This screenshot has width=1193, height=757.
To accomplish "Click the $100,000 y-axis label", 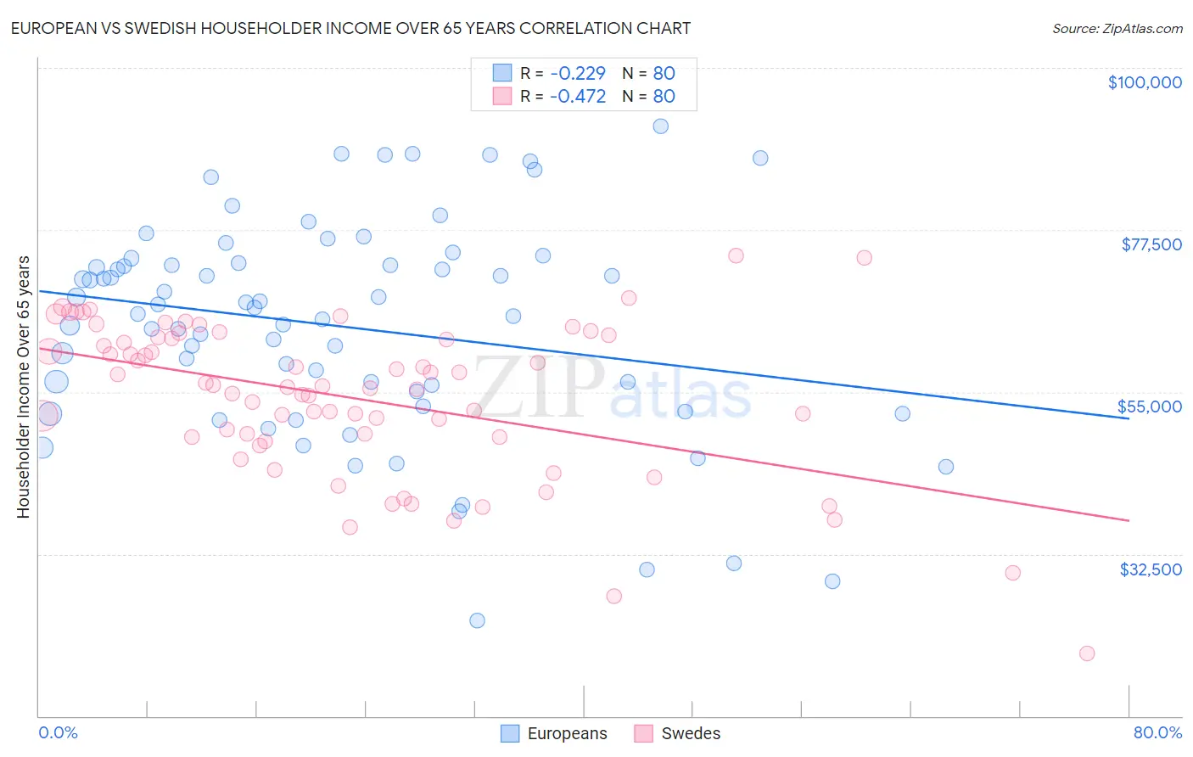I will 1145,82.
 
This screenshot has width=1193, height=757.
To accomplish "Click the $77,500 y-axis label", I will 1151,244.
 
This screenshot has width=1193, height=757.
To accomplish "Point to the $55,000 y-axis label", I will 1150,407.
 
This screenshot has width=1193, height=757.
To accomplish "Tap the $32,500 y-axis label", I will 1151,569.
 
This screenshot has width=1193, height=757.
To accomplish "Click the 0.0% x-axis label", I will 58,732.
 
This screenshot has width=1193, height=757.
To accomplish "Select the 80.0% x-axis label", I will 1157,732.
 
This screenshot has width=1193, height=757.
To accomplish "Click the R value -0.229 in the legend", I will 578,73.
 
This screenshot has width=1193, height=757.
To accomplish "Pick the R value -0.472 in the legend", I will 578,96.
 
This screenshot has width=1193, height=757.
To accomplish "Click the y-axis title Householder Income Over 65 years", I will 24,386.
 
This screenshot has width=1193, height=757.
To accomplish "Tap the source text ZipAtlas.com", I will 1117,29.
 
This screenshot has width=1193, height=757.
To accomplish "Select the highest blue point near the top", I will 661,126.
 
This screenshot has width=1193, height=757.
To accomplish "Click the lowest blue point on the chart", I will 477,620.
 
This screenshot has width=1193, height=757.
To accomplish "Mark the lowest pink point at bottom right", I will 1087,653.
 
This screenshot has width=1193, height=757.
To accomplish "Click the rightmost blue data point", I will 946,467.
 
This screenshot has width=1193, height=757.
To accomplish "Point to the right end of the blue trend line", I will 1129,418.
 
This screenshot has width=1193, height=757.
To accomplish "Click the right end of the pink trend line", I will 1129,520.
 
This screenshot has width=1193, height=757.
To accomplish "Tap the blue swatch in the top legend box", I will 502,73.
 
